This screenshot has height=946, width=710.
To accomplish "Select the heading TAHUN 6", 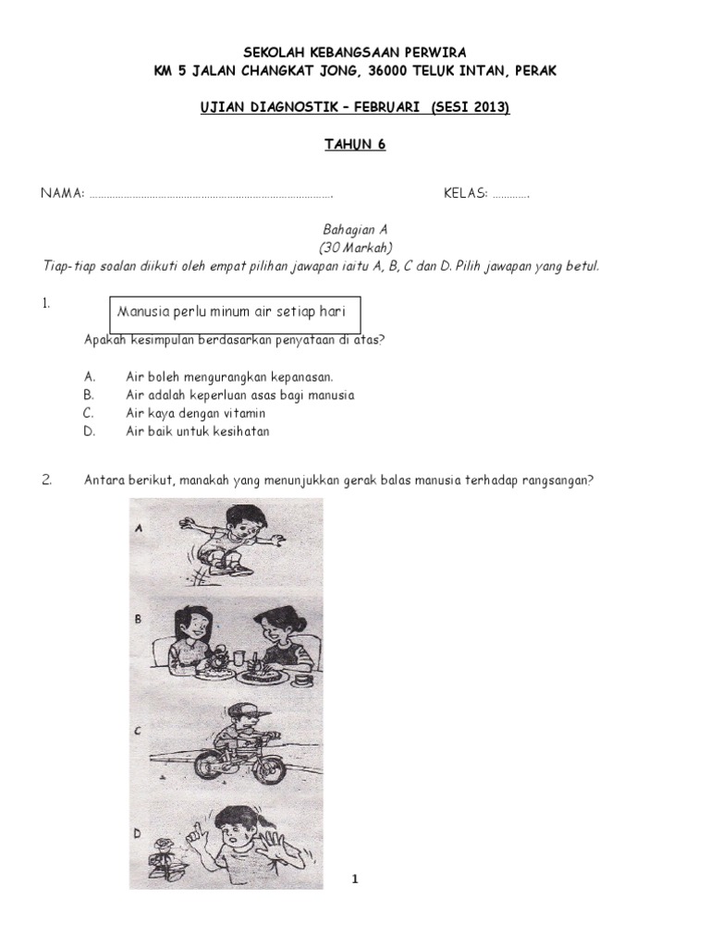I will click(354, 143).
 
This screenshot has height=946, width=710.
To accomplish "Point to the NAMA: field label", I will click(62, 194).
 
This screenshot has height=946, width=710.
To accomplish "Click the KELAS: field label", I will click(465, 194).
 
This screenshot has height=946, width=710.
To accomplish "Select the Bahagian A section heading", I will click(355, 230).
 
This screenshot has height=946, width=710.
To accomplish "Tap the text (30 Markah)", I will click(355, 248).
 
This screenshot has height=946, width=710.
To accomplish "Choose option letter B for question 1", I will click(89, 394).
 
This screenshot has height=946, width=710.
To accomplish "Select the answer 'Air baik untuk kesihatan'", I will click(198, 431).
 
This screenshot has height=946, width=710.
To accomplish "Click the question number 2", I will click(47, 479).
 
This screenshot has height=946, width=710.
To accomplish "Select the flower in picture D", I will click(166, 849).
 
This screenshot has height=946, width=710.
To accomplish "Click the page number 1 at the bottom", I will click(354, 879).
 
